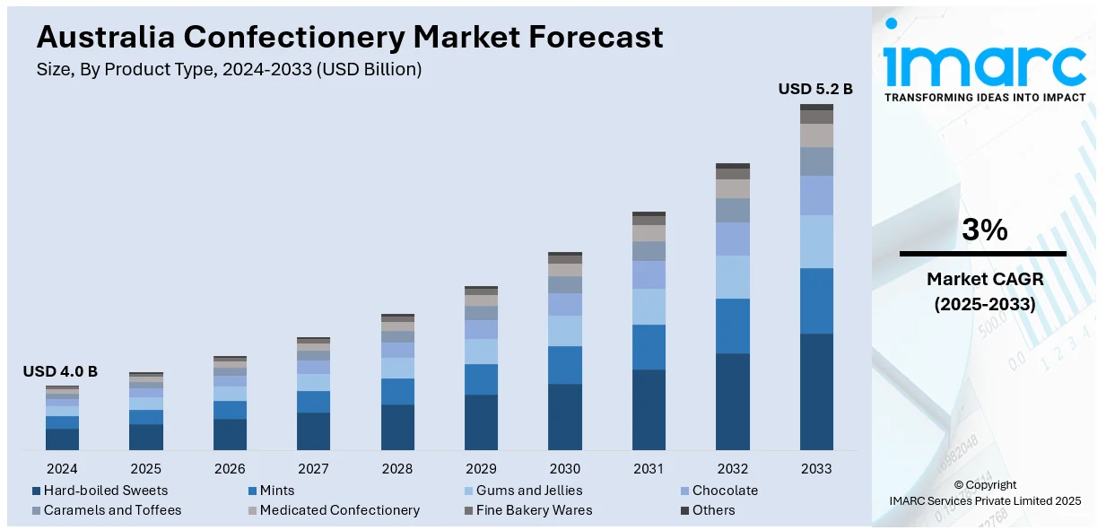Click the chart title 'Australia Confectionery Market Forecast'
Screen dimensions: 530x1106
350,37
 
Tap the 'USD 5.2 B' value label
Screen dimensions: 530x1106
815,89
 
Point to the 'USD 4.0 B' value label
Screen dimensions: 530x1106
60,371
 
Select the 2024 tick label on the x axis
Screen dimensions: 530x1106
62,468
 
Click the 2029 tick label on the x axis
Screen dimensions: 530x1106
481,468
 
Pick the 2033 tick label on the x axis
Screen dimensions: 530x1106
816,468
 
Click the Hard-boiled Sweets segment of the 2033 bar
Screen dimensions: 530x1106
816,391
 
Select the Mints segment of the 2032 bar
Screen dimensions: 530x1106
733,326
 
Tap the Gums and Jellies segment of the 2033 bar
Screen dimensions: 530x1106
816,241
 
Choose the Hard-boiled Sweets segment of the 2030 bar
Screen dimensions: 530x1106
565,416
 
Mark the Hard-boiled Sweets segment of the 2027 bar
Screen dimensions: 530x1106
313,430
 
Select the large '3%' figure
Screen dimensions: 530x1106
984,230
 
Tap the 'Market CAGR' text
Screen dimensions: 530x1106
984,279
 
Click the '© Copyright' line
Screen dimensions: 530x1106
984,484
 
